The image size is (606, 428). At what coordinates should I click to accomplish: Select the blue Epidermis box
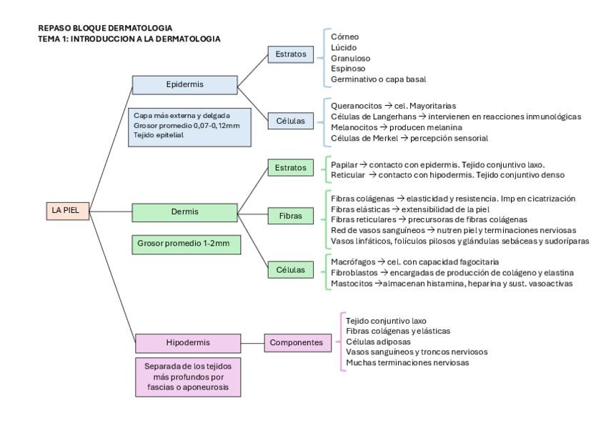click(185, 85)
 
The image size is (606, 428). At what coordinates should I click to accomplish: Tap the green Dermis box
click(185, 212)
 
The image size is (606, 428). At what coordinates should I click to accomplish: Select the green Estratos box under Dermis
click(290, 168)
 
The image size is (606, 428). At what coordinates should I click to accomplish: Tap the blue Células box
click(290, 121)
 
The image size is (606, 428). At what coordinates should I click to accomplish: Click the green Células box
click(290, 270)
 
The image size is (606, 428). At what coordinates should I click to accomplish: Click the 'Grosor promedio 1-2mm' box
click(185, 244)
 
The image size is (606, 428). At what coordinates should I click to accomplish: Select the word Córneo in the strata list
click(345, 36)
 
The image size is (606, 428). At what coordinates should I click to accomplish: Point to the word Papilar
click(344, 164)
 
